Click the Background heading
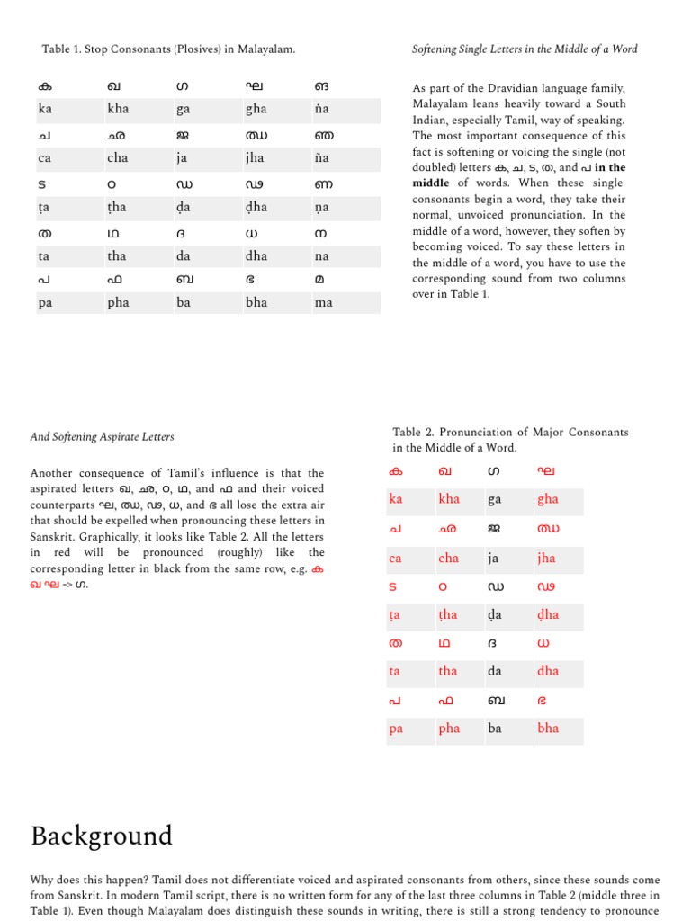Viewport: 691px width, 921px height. pyautogui.click(x=101, y=836)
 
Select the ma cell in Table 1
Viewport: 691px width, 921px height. pyautogui.click(x=324, y=303)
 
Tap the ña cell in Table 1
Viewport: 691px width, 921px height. pyautogui.click(x=323, y=158)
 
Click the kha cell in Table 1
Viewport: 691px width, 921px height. pyautogui.click(x=118, y=109)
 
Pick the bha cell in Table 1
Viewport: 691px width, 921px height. pyautogui.click(x=256, y=303)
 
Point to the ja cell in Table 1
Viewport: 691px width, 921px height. pyautogui.click(x=183, y=158)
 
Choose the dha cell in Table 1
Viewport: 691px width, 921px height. pyautogui.click(x=256, y=255)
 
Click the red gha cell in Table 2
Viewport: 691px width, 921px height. pyautogui.click(x=547, y=500)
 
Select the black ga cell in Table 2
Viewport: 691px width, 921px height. pyautogui.click(x=495, y=500)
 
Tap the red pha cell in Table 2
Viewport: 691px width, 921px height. pyautogui.click(x=449, y=729)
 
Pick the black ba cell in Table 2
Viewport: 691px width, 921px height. pyautogui.click(x=495, y=729)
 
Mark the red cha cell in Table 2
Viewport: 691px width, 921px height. pyautogui.click(x=448, y=559)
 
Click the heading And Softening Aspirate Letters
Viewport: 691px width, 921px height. pyautogui.click(x=102, y=437)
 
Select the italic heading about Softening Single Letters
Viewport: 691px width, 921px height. pyautogui.click(x=524, y=49)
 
